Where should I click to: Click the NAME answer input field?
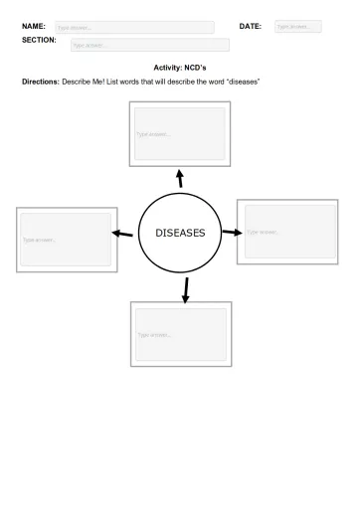coord(133,28)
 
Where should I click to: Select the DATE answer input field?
coord(297,27)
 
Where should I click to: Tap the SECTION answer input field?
coord(149,45)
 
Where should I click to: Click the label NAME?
coord(34,26)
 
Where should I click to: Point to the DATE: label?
coord(251,26)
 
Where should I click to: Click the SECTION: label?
coord(39,40)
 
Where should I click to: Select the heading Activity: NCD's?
coord(179,66)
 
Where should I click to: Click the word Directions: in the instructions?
coord(42,81)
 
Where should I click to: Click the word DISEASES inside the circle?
coord(180,233)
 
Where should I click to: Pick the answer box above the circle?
coord(179,134)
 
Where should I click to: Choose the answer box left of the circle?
coord(67,240)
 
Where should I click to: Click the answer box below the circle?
coord(181,334)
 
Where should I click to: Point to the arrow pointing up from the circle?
coord(180,179)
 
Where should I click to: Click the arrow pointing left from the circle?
coord(122,235)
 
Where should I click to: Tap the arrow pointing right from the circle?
coord(231,233)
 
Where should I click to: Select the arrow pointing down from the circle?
coord(185,288)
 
